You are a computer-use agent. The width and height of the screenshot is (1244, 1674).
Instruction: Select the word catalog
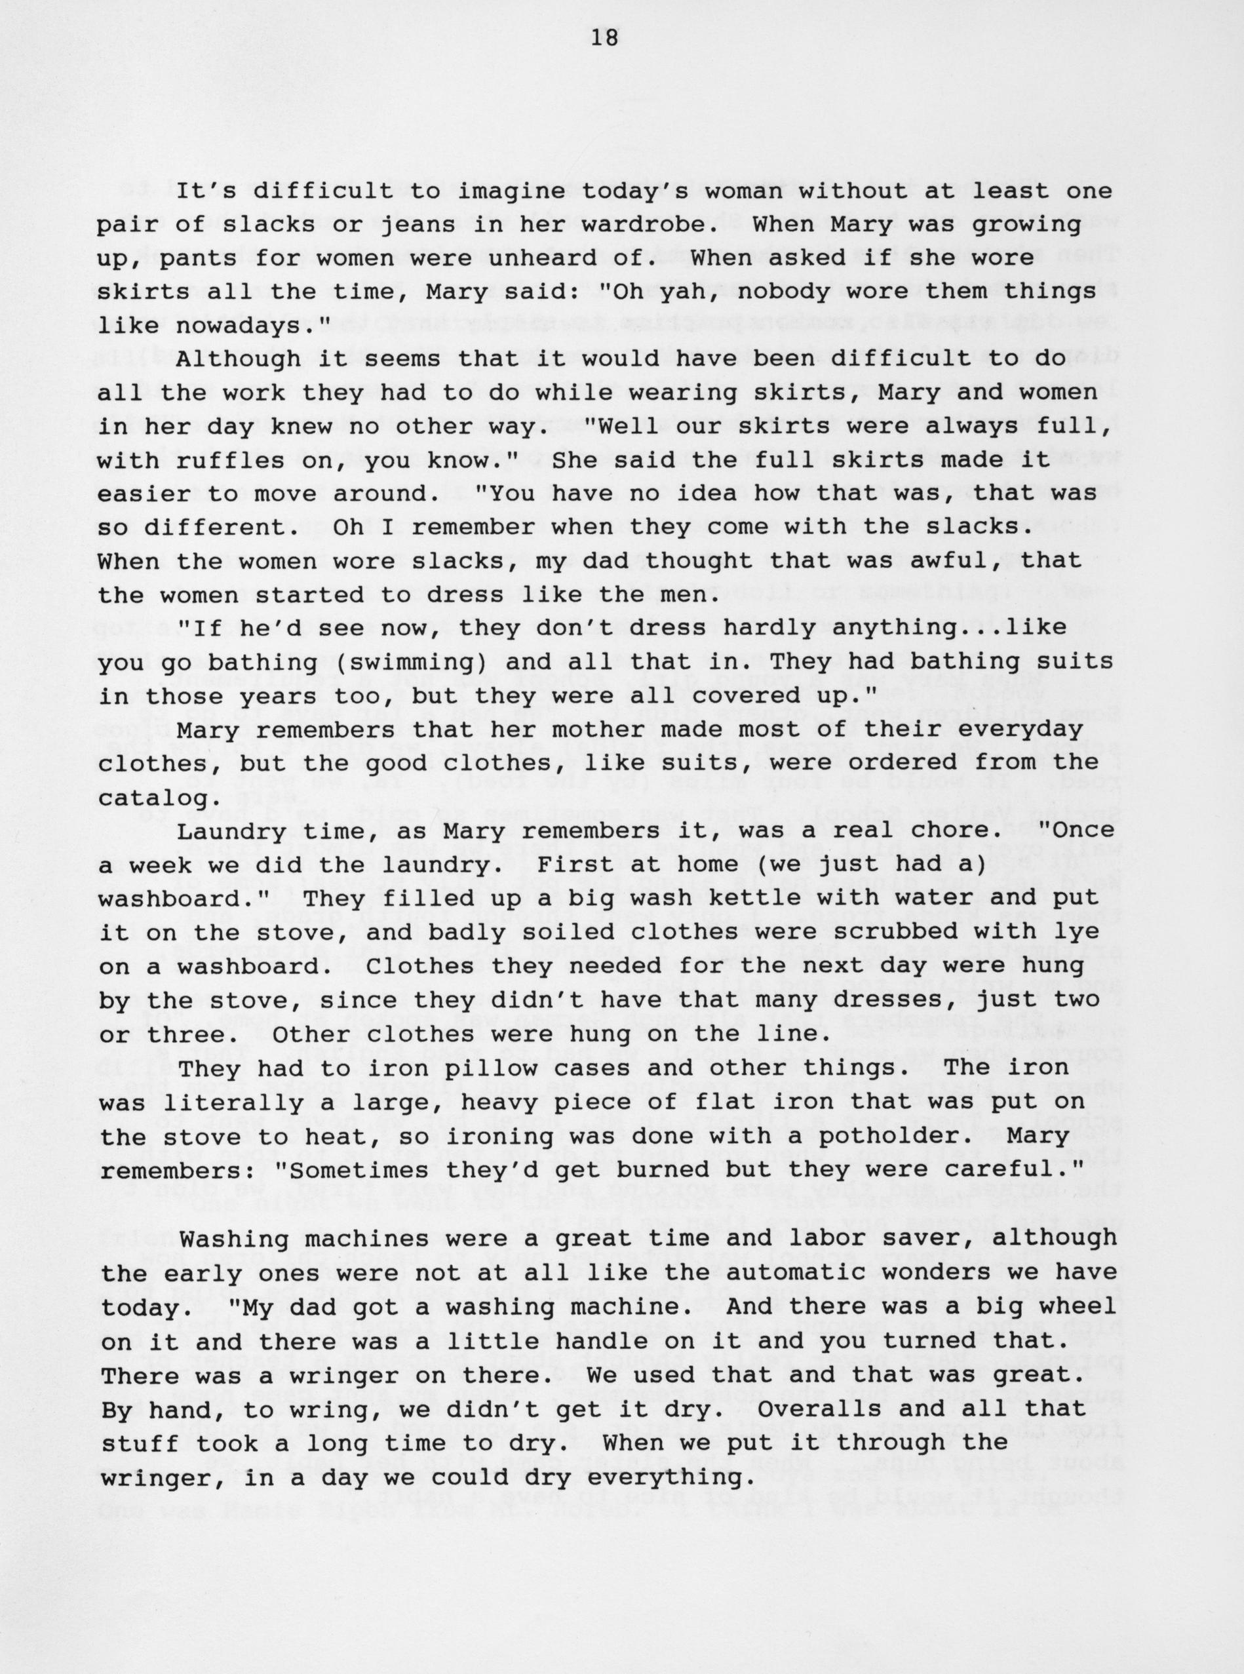tap(155, 798)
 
